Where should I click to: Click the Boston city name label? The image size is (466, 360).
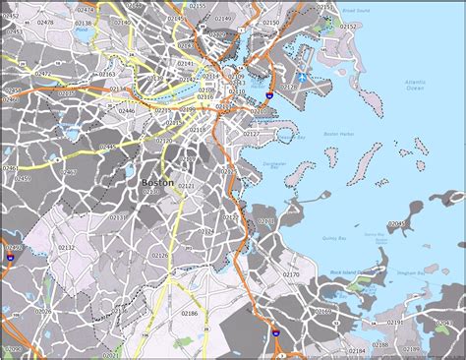click(x=157, y=182)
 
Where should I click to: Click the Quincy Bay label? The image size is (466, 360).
click(x=331, y=237)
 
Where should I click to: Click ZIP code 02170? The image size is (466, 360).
click(x=291, y=274)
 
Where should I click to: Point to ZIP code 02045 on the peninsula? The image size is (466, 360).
click(x=395, y=225)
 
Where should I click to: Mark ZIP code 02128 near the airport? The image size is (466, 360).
click(x=287, y=88)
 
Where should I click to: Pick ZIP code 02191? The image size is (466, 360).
click(x=394, y=322)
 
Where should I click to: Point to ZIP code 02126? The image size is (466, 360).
click(x=159, y=256)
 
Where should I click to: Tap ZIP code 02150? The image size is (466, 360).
click(x=271, y=22)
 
